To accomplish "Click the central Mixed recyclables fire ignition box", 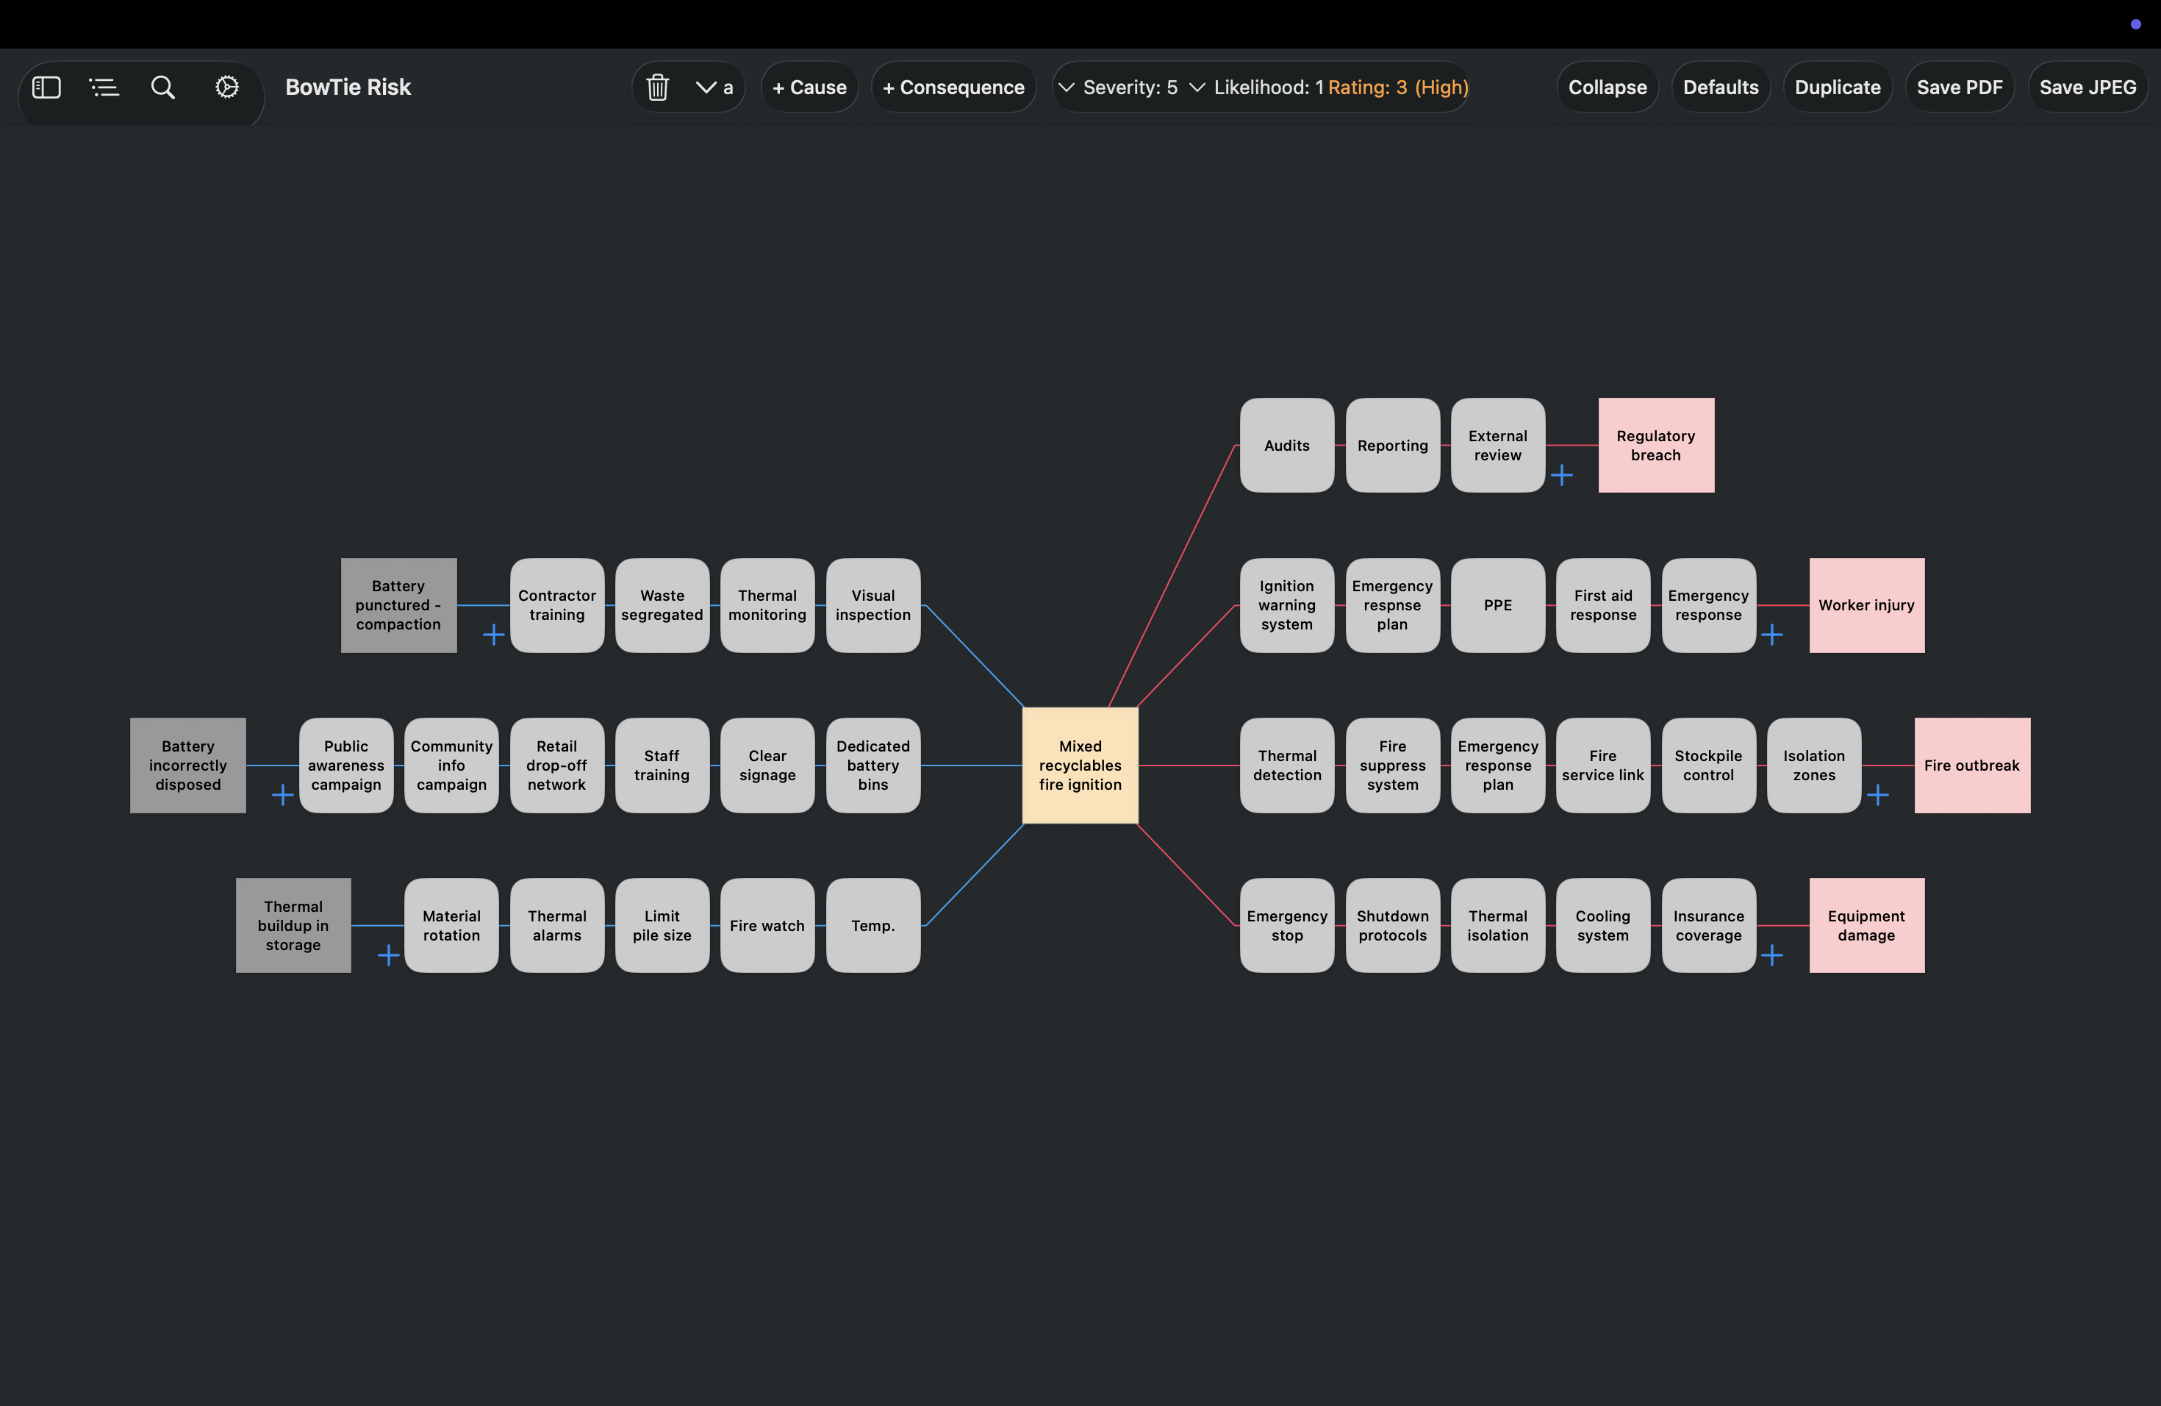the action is (x=1080, y=765).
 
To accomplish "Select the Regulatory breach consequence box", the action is (x=1655, y=445).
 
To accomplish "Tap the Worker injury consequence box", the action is (x=1866, y=605).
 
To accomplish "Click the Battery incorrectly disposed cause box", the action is (x=188, y=765).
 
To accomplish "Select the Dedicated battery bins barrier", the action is (x=872, y=765).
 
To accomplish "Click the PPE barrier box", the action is (x=1497, y=605).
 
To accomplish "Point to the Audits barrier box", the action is (x=1286, y=445).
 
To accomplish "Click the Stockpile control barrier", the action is (x=1708, y=765).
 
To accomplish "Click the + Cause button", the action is (x=809, y=88).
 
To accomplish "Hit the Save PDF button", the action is (x=1960, y=88).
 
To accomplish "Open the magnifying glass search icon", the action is (x=162, y=88).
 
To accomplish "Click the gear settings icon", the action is (x=227, y=88).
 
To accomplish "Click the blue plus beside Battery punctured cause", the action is (x=493, y=634).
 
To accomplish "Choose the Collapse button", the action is (x=1607, y=88).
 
